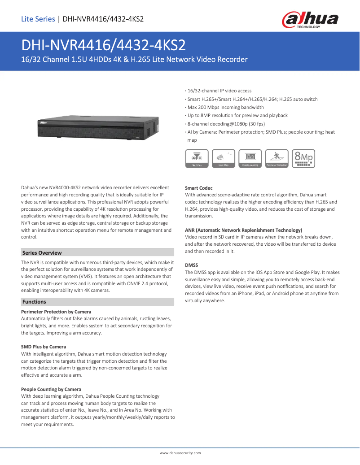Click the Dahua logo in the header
pos(310,20)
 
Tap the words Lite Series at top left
pos(38,19)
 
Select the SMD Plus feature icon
pos(197,158)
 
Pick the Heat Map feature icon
pos(224,158)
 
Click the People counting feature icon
pos(250,158)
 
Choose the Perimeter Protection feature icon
pos(277,158)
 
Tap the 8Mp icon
pos(303,158)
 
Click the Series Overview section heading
pos(42,253)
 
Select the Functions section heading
pos(34,302)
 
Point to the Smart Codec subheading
pos(199,188)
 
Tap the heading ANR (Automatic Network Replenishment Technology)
pos(243,230)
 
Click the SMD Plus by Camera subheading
pos(44,347)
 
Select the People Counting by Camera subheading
pos(51,389)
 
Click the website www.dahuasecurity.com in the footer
pos(180,453)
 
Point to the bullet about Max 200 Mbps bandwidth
pos(225,108)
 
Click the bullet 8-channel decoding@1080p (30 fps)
pos(226,124)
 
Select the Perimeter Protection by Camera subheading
pos(56,312)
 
